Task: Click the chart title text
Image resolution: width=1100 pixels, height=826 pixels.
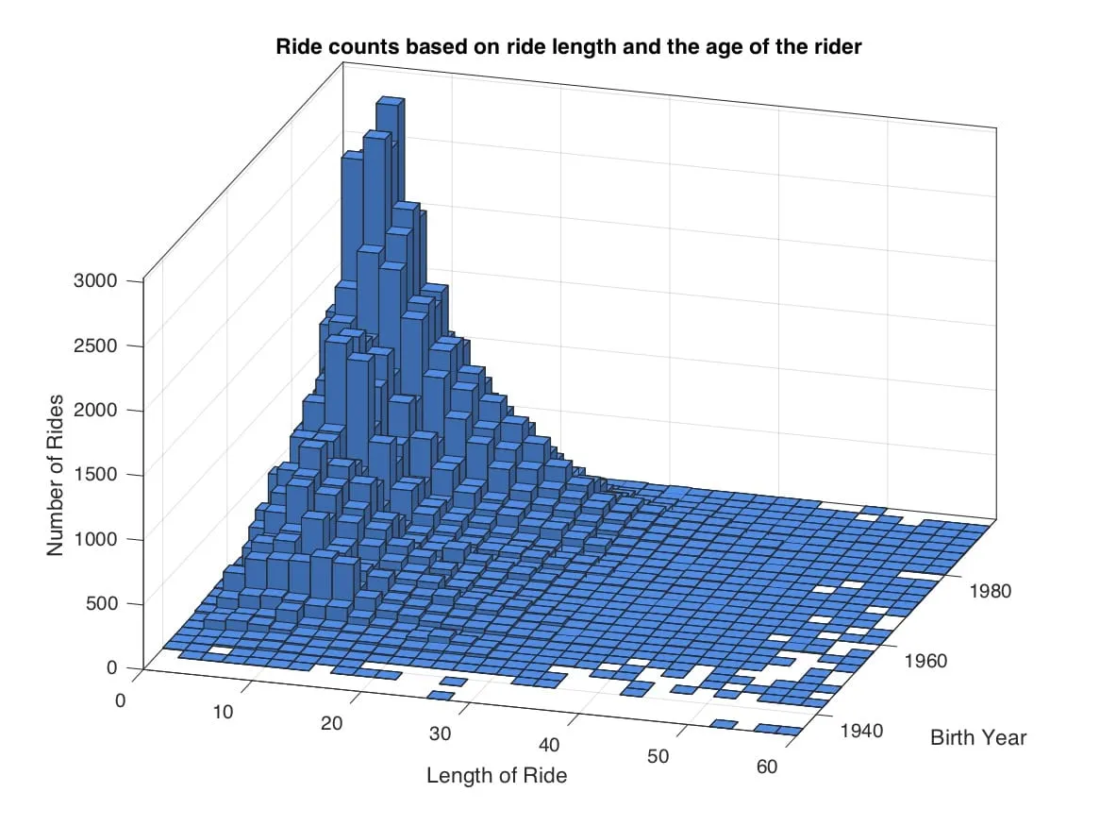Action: (x=568, y=46)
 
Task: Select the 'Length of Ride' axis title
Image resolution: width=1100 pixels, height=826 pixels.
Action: (x=496, y=776)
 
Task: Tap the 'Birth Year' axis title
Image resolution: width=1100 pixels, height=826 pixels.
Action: (x=977, y=737)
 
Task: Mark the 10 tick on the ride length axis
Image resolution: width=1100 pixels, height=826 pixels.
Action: (x=223, y=712)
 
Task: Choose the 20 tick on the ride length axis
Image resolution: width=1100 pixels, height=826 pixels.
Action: (x=331, y=724)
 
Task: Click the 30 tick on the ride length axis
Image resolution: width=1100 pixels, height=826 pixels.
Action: (x=440, y=735)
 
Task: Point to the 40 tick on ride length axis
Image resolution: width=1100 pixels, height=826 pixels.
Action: (x=549, y=746)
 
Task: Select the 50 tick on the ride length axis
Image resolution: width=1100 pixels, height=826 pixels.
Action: (x=658, y=756)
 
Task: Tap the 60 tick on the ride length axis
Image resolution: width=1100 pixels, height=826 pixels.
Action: (x=767, y=767)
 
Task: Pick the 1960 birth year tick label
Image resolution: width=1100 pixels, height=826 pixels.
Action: (x=925, y=661)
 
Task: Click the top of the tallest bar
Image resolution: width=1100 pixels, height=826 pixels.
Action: (x=390, y=99)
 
